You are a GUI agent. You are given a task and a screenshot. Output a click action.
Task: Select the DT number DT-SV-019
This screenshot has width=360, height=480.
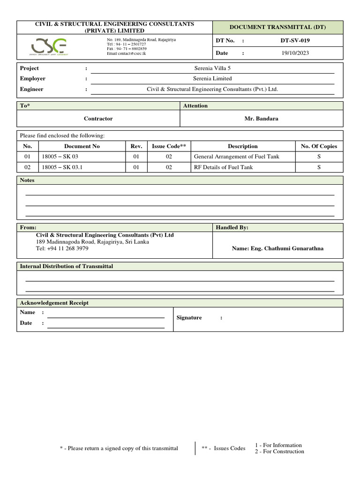[x=295, y=41]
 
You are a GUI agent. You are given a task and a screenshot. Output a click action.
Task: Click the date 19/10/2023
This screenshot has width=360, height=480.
[x=295, y=53]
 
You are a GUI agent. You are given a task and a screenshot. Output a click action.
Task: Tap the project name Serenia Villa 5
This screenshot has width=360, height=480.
[x=212, y=68]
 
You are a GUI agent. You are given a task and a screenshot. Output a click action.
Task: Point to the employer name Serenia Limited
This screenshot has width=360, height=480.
[x=212, y=79]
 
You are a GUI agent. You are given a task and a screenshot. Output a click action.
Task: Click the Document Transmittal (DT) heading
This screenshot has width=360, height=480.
[x=277, y=28]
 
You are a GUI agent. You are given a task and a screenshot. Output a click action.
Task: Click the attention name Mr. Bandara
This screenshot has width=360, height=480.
[x=261, y=119]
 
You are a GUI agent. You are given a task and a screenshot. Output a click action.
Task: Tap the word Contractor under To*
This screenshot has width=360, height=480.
[x=98, y=119]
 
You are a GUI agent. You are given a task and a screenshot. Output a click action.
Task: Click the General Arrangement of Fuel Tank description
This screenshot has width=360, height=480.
[x=236, y=157]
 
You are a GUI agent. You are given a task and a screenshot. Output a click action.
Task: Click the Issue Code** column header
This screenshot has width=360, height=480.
[x=169, y=146]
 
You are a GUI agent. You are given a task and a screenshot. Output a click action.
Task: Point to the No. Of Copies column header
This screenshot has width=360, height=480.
[x=319, y=146]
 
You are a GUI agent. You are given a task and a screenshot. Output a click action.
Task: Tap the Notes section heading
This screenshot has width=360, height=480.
[x=27, y=180]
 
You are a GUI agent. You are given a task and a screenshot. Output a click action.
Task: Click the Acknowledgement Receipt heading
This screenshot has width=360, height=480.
[x=54, y=303]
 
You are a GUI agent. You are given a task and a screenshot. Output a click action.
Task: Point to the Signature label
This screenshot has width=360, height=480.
[x=189, y=318]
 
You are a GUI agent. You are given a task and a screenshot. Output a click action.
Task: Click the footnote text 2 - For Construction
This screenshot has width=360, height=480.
[x=279, y=451]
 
